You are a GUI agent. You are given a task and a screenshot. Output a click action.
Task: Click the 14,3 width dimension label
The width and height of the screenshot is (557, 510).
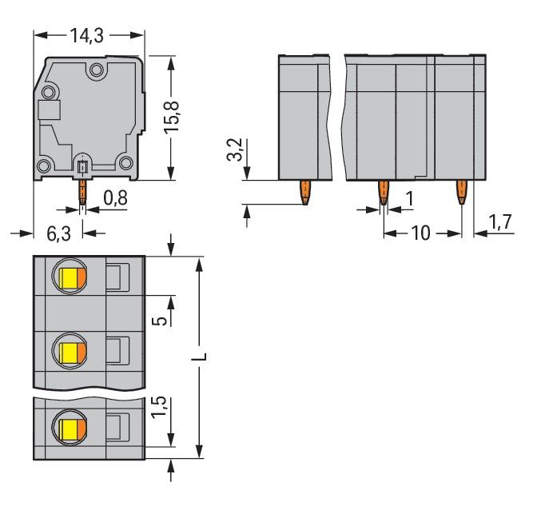89,36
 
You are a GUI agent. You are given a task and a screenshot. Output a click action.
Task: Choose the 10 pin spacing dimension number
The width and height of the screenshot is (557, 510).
420,233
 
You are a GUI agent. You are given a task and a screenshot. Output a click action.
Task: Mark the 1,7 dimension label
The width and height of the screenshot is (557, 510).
501,224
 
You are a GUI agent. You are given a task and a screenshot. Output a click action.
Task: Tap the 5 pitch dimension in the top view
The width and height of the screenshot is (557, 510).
160,320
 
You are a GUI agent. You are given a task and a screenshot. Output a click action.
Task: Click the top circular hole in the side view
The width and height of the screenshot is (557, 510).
97,70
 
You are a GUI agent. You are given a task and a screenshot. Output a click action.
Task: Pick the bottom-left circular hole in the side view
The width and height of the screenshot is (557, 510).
46,165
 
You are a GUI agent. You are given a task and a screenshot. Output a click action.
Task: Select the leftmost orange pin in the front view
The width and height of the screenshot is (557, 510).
305,192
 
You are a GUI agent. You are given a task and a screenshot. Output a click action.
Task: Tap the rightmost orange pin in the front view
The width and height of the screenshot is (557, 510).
461,192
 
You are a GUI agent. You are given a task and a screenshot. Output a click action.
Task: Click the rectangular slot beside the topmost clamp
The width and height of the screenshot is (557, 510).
116,277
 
